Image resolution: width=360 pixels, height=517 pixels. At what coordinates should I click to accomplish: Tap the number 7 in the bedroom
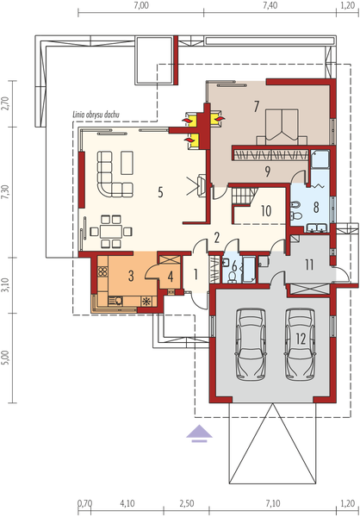tap(256, 107)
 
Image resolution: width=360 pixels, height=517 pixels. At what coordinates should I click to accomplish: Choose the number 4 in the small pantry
tap(171, 277)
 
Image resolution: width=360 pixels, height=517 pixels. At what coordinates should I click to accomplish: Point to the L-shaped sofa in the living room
tap(114, 174)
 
